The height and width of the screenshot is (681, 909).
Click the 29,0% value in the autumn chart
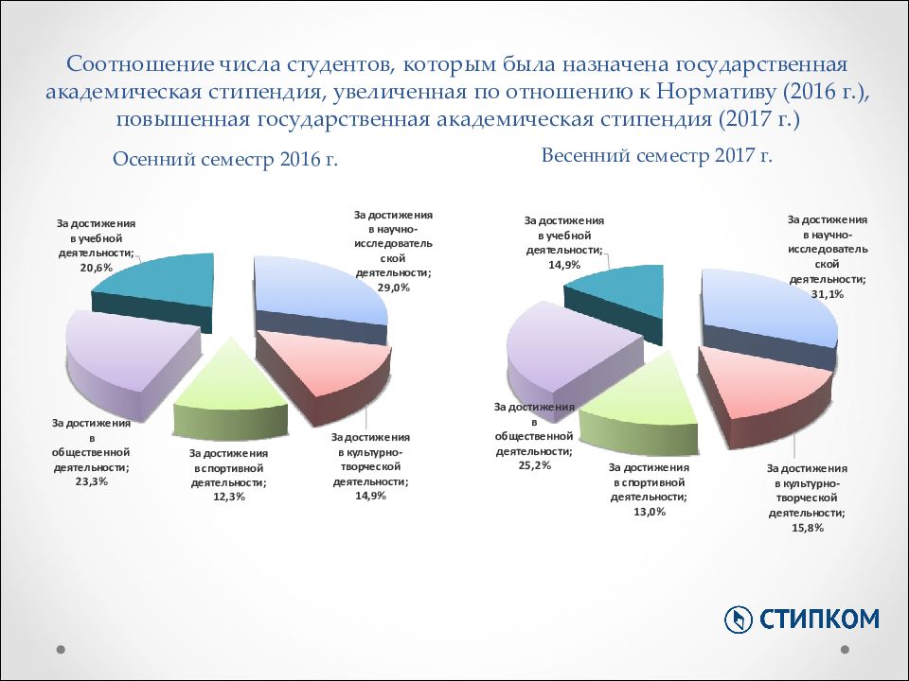click(x=393, y=287)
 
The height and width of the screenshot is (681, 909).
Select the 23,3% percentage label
click(x=91, y=481)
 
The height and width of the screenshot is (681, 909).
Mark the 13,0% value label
click(x=649, y=512)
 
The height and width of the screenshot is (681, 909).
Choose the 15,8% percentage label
click(x=807, y=528)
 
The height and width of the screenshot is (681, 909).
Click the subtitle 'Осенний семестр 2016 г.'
click(x=225, y=160)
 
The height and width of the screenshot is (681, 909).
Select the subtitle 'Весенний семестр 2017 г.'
click(x=657, y=155)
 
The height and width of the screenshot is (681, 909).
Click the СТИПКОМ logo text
click(x=820, y=619)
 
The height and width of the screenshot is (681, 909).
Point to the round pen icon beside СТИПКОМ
click(x=738, y=620)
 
